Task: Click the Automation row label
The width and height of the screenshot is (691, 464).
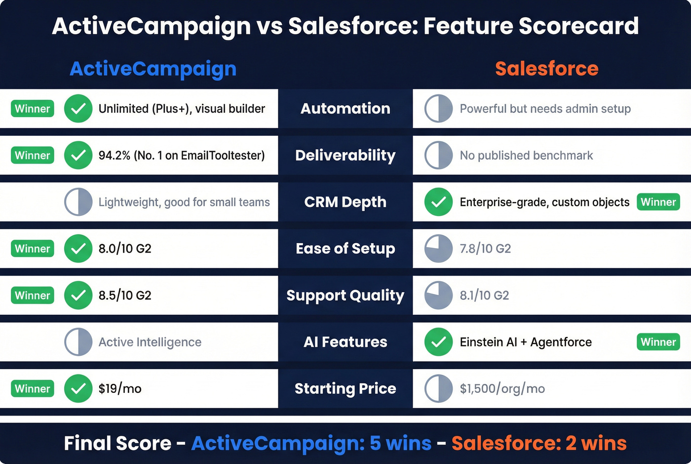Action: [345, 109]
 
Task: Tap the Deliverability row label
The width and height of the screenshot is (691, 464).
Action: [345, 155]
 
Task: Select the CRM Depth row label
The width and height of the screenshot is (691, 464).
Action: [345, 202]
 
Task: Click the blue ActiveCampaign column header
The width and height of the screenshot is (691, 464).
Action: [153, 69]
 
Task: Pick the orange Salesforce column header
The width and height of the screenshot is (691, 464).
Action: [546, 69]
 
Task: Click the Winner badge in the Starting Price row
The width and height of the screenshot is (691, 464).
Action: [33, 389]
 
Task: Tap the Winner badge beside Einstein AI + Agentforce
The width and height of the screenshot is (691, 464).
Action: [658, 342]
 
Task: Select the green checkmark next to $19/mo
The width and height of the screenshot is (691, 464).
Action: [78, 389]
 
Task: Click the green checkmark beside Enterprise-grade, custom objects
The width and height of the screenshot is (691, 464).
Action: [438, 202]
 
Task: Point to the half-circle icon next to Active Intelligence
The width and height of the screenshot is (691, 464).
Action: [78, 342]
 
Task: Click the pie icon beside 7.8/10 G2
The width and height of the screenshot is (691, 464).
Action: [438, 249]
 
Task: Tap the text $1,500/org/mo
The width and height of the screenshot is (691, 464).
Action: [502, 389]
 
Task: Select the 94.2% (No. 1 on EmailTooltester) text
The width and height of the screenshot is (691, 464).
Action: [181, 156]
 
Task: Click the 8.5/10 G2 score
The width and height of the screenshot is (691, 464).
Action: [125, 295]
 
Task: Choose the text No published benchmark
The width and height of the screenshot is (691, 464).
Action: [526, 156]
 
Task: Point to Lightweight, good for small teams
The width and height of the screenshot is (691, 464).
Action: [184, 202]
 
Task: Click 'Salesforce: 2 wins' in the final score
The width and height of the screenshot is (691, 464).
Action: [538, 443]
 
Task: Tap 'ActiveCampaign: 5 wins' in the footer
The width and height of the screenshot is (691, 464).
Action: [311, 443]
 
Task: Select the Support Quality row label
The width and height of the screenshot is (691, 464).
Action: [345, 295]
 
